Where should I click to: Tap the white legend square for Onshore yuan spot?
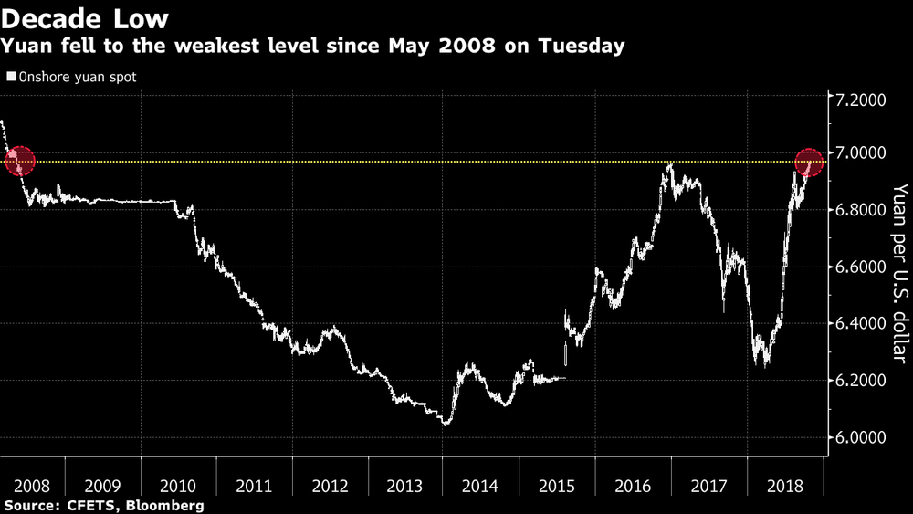pos(12,78)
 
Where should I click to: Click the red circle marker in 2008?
pos(19,162)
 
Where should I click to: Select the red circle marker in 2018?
pos(809,163)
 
